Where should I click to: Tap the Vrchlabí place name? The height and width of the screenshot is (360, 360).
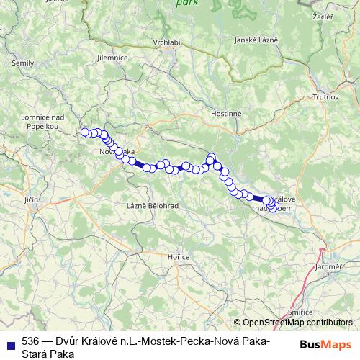tap(166, 42)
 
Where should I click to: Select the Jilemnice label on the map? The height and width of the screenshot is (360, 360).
tap(114, 58)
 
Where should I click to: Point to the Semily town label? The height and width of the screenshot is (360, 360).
tap(23, 63)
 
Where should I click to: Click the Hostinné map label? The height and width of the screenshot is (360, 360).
tap(227, 114)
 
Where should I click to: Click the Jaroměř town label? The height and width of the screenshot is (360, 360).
tap(328, 266)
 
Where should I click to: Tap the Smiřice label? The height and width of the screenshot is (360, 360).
tap(300, 312)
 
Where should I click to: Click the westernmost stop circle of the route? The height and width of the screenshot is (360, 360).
tap(85, 132)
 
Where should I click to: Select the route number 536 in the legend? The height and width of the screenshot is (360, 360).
tap(31, 341)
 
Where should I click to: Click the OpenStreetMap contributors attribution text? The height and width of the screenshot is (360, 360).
tap(297, 323)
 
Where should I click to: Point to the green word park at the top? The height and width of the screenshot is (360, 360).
tap(186, 3)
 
